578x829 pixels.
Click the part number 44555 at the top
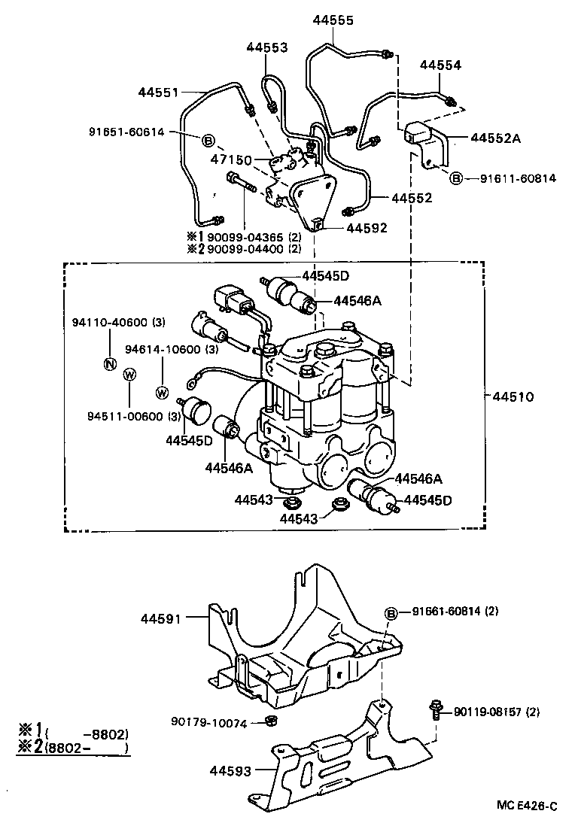tap(333, 20)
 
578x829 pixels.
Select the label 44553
tap(266, 47)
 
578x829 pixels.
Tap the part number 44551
tap(158, 93)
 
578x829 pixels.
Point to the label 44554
tap(440, 65)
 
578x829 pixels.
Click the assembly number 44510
tap(513, 396)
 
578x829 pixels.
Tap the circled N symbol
tap(110, 364)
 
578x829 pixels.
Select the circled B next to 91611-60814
tap(456, 178)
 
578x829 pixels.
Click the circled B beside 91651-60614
tap(208, 140)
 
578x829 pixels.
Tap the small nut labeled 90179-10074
tap(271, 723)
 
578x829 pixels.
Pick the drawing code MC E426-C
tap(527, 806)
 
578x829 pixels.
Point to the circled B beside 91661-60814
tap(391, 614)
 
